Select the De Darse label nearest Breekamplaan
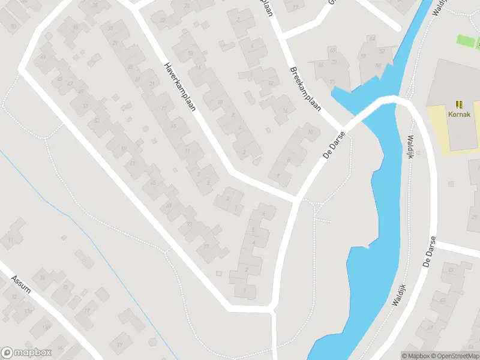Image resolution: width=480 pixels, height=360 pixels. [335, 145]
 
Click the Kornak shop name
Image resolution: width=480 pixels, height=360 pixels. [459, 113]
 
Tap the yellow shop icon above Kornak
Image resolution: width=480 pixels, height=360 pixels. [460, 104]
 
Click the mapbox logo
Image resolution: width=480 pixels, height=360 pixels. [26, 353]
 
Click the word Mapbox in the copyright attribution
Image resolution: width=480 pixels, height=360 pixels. [418, 356]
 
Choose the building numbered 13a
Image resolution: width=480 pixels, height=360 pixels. [28, 311]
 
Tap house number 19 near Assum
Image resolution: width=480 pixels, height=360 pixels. [119, 344]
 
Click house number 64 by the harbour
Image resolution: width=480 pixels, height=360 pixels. [372, 39]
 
